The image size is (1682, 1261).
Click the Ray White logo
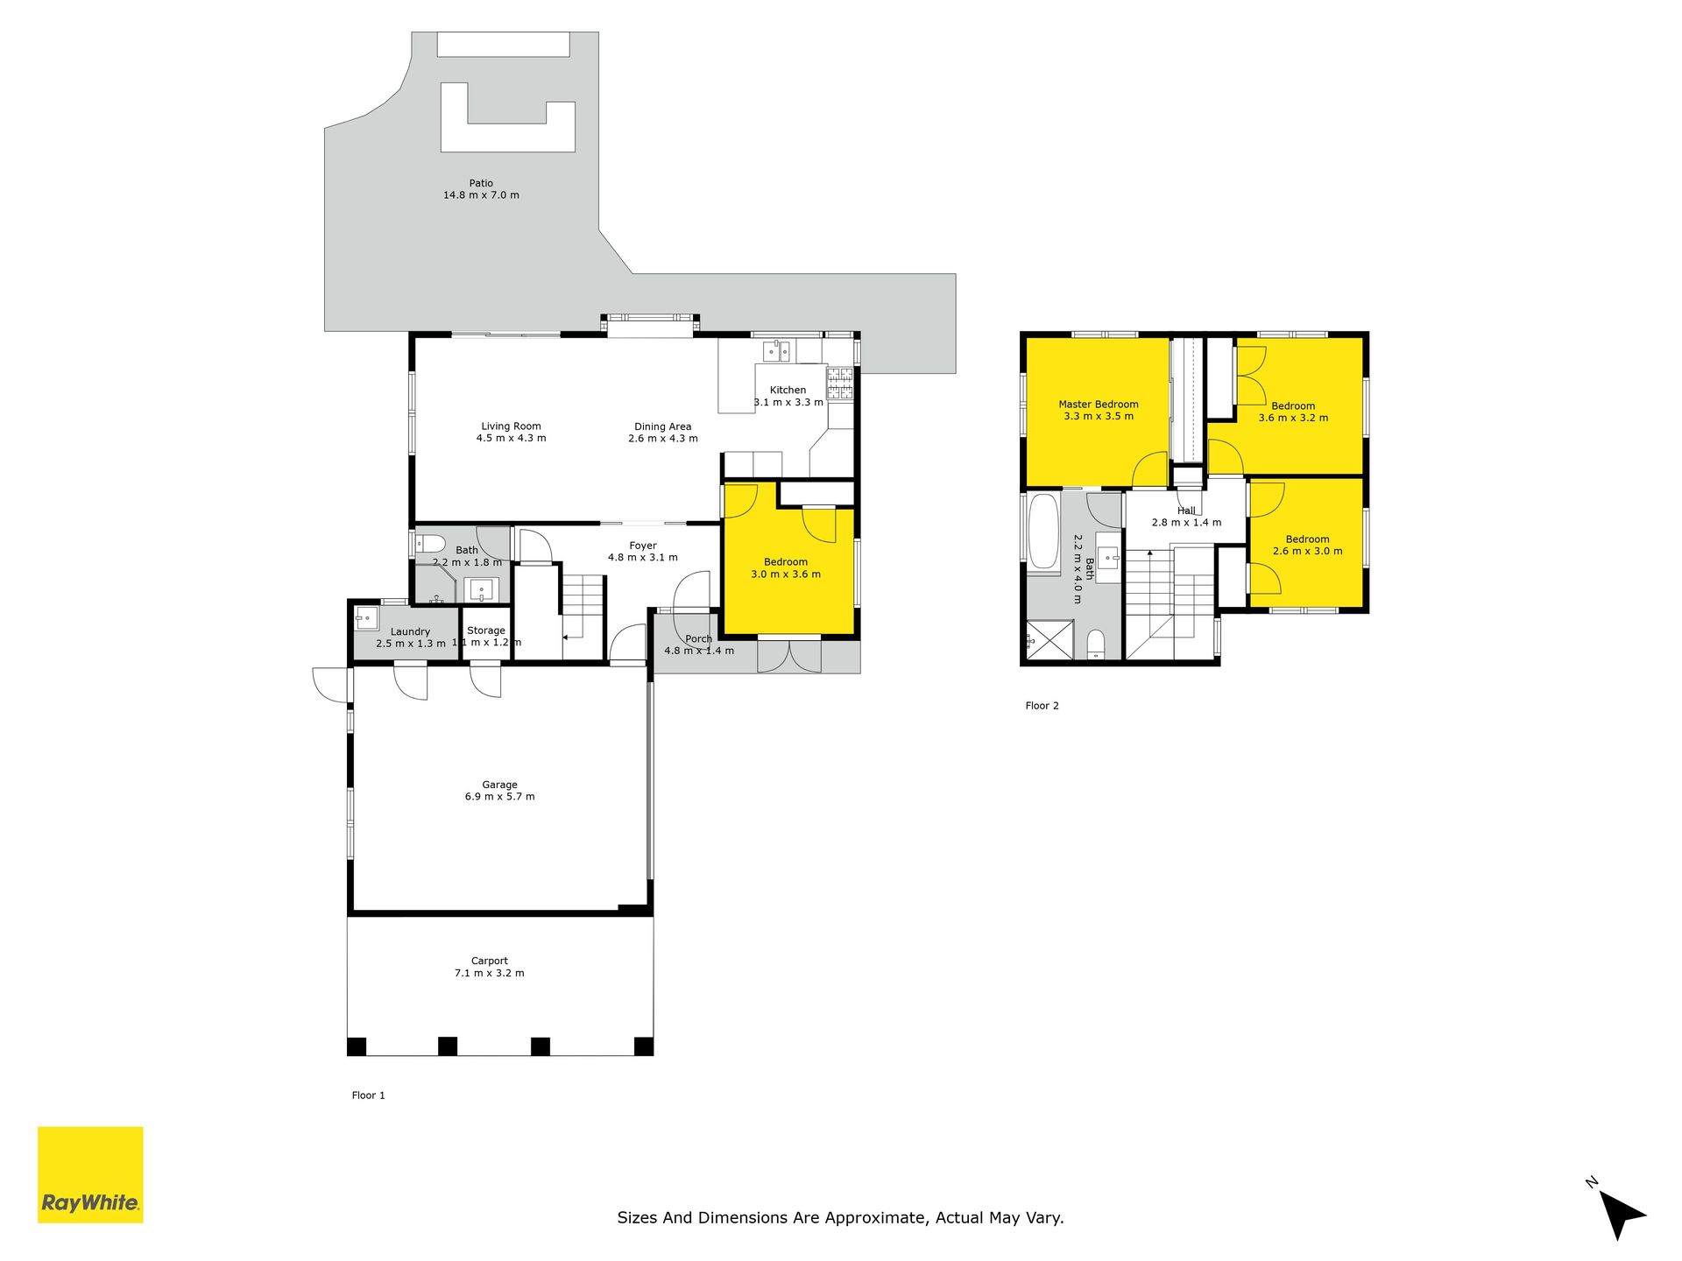pyautogui.click(x=90, y=1174)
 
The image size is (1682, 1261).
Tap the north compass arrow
pyautogui.click(x=1622, y=1214)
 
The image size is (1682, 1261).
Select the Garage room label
pyautogui.click(x=499, y=785)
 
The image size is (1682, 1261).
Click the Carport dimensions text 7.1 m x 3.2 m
pyautogui.click(x=490, y=973)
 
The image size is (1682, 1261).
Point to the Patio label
pyautogui.click(x=481, y=183)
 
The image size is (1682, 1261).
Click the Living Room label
pyautogui.click(x=511, y=426)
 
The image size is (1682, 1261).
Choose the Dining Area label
pyautogui.click(x=663, y=426)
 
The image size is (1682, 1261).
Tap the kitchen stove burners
pyautogui.click(x=840, y=384)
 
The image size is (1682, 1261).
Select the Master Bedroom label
pyautogui.click(x=1099, y=405)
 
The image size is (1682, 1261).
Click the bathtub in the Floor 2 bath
pyautogui.click(x=1042, y=532)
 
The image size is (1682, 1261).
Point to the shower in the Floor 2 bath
pyautogui.click(x=1049, y=639)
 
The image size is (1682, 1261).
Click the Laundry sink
pyautogui.click(x=366, y=618)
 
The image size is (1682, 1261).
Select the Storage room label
pyautogui.click(x=486, y=630)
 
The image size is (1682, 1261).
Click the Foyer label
pyautogui.click(x=643, y=546)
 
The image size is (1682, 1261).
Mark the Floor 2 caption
pyautogui.click(x=1042, y=706)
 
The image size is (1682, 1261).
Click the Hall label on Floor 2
pyautogui.click(x=1186, y=511)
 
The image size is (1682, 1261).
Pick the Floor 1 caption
pyautogui.click(x=369, y=1095)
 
